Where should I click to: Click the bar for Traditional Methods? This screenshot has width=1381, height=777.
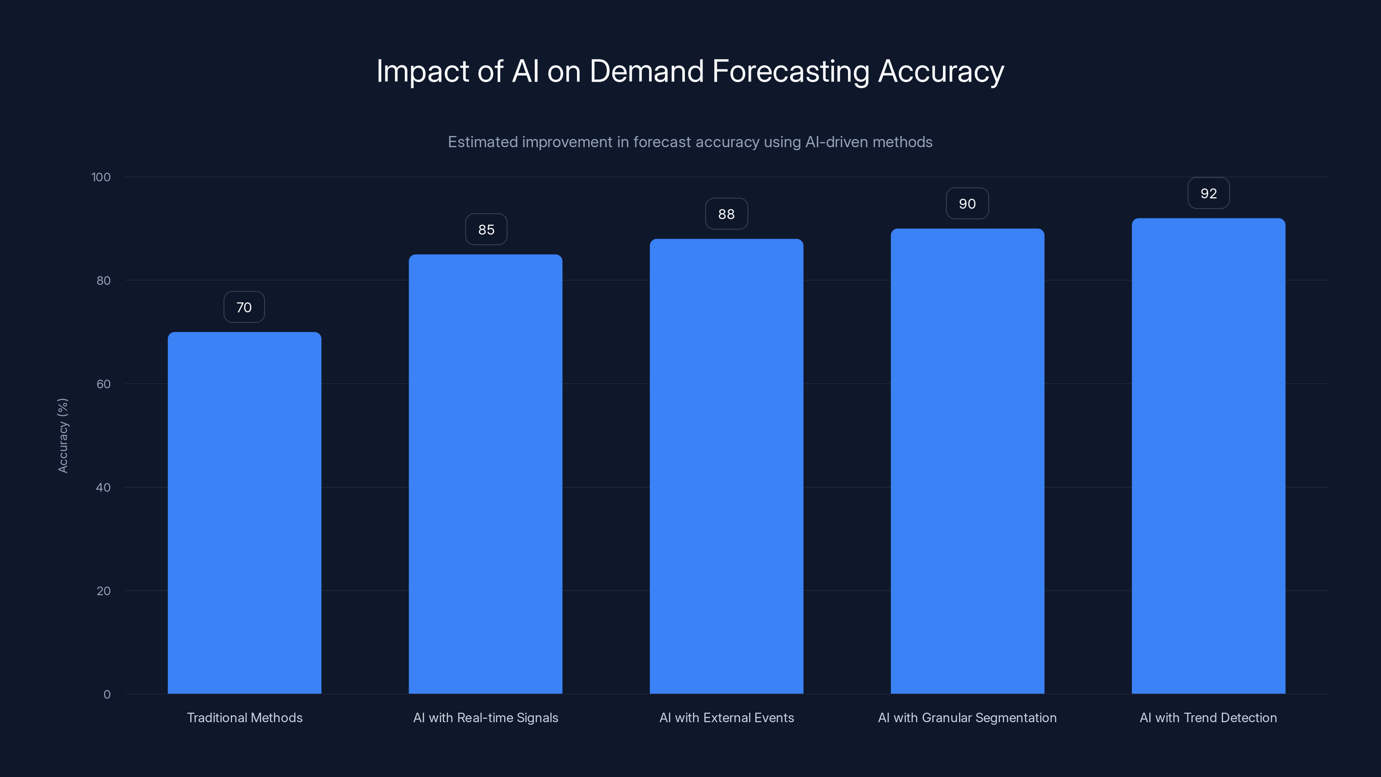(x=244, y=513)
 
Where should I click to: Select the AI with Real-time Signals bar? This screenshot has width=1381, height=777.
(x=485, y=474)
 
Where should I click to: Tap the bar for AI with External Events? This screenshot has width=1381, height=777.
(x=726, y=466)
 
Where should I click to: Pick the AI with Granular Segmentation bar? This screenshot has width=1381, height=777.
(x=967, y=461)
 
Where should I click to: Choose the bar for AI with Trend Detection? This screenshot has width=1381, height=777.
(x=1208, y=456)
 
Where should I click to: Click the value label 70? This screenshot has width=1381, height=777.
(x=244, y=307)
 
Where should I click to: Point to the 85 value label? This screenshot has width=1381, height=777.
(x=486, y=230)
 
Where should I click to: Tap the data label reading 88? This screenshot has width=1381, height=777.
(x=726, y=214)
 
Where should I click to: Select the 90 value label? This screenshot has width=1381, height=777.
(x=967, y=204)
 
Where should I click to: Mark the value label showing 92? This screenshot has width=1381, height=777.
(x=1208, y=193)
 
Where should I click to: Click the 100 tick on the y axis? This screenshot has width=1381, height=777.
(x=101, y=177)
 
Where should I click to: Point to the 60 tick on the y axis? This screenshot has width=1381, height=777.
(x=104, y=384)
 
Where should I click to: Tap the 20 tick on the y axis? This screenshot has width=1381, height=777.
(x=104, y=591)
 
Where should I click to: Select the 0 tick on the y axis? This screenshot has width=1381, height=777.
(x=107, y=695)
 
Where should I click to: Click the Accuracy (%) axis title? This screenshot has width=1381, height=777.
(x=63, y=436)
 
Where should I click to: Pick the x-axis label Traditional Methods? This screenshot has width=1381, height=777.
(x=244, y=717)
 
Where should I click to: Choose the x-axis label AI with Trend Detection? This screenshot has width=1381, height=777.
(x=1208, y=717)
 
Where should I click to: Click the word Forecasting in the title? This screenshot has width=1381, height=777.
(x=790, y=71)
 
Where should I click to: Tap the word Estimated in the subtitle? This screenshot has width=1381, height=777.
(x=482, y=142)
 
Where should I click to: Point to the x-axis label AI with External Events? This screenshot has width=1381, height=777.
(x=726, y=717)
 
